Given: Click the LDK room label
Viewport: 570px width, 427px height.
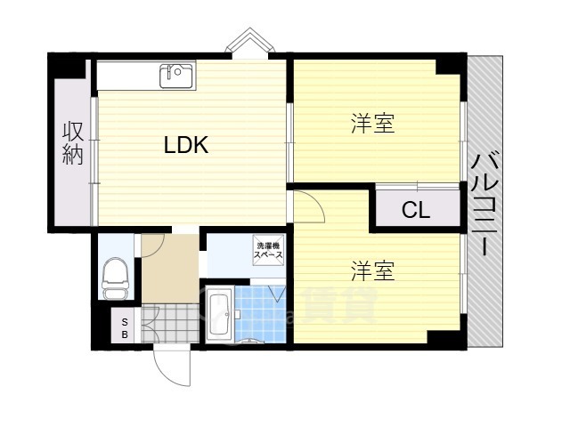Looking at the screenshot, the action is (x=186, y=144).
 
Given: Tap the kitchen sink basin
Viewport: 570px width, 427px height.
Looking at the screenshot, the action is (x=176, y=76).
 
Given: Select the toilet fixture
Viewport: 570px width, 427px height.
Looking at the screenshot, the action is (x=115, y=278).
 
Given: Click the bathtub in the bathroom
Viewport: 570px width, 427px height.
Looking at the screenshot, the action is (x=220, y=314).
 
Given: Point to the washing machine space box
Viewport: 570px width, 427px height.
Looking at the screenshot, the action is (x=268, y=251).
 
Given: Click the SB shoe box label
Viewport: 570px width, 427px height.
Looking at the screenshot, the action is (x=125, y=328).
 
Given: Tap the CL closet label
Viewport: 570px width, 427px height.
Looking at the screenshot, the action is (x=416, y=210).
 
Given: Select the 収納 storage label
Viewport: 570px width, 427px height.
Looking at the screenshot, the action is (x=73, y=143).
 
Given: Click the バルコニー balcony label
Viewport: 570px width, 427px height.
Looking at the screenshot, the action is (x=484, y=205).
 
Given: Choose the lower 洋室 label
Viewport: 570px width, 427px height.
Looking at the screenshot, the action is (x=373, y=270).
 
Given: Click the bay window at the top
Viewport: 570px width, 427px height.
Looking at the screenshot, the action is (x=249, y=43).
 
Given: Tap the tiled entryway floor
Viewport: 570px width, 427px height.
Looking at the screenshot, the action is (x=170, y=323).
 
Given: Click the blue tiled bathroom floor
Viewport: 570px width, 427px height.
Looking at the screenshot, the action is (x=260, y=314).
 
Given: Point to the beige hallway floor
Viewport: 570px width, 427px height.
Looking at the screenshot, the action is (x=170, y=269).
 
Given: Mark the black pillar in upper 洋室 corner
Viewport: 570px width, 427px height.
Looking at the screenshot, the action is (x=451, y=67).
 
